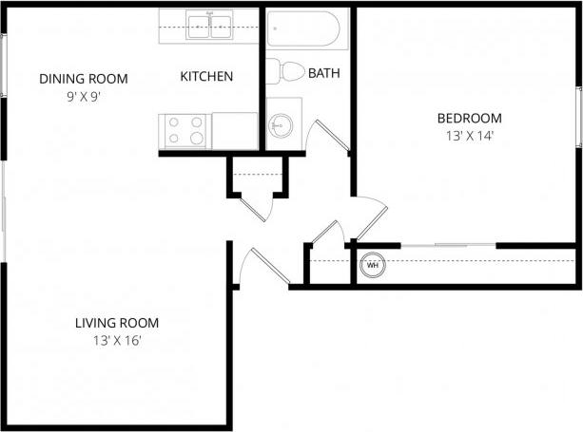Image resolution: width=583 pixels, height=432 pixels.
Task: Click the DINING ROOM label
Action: (x=83, y=79)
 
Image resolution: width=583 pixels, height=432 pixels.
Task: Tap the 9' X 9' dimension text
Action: (x=83, y=96)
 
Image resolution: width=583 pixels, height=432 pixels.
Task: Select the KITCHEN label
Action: (x=206, y=77)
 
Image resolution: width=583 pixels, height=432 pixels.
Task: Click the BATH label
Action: (x=323, y=72)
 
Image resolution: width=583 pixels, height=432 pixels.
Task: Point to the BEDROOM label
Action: (x=469, y=119)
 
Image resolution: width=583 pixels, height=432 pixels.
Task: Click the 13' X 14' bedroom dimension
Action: (x=469, y=136)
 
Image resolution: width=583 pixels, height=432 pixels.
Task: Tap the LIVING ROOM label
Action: (x=117, y=323)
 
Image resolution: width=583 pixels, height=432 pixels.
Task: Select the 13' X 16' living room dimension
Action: (x=117, y=340)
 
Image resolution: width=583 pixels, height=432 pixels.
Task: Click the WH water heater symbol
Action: (x=372, y=265)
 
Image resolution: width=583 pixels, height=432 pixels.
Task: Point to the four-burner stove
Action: (x=185, y=130)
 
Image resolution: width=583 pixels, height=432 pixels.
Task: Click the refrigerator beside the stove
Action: (x=235, y=130)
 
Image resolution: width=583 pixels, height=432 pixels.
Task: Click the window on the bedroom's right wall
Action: (x=578, y=116)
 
